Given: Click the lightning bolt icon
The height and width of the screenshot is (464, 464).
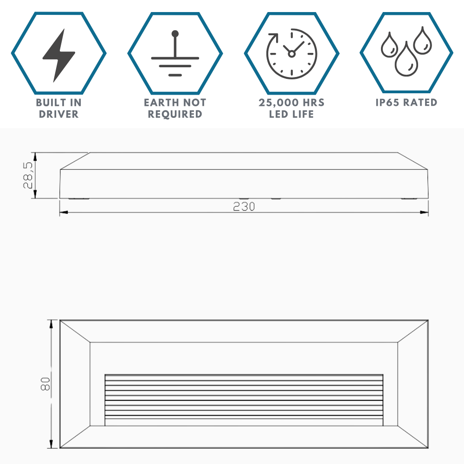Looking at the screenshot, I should tap(58, 55).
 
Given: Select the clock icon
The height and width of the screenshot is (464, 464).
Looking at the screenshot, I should tap(291, 53).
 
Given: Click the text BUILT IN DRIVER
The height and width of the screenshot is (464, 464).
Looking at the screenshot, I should tap(58, 108).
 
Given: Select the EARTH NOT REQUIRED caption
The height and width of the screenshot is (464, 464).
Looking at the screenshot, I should tap(175, 108).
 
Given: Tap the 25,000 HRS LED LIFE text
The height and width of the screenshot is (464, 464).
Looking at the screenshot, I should tap(291, 108).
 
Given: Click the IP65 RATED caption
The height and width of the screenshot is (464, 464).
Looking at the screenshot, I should tap(406, 103).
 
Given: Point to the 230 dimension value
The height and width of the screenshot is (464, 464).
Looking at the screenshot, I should tap(244, 207).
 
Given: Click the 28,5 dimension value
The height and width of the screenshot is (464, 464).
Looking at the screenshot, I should tap(28, 175).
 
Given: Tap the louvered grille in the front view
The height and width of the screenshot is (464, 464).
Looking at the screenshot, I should tap(244, 400).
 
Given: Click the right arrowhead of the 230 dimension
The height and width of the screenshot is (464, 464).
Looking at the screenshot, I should tap(425, 213).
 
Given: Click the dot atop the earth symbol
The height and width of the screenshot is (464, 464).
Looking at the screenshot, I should tap(175, 33).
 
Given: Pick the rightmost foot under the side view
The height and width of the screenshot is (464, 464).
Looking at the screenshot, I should tap(409, 199).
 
